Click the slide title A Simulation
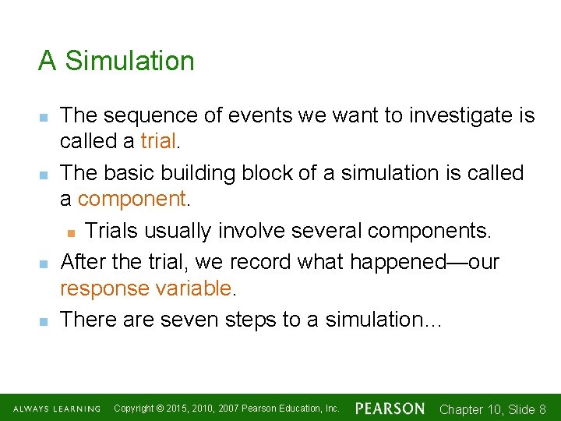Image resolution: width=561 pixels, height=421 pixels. point(116,61)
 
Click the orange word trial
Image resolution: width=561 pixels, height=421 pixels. point(159,140)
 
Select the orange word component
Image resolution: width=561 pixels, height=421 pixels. point(132,199)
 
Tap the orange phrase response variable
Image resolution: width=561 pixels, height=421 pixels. point(146,288)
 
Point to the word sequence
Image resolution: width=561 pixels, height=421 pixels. point(157,115)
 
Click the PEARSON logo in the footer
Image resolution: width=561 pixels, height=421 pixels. point(390,409)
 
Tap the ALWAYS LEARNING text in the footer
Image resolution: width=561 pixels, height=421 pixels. point(55,409)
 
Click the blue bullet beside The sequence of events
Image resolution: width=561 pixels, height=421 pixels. point(44,117)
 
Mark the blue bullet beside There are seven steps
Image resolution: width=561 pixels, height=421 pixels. point(44,320)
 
